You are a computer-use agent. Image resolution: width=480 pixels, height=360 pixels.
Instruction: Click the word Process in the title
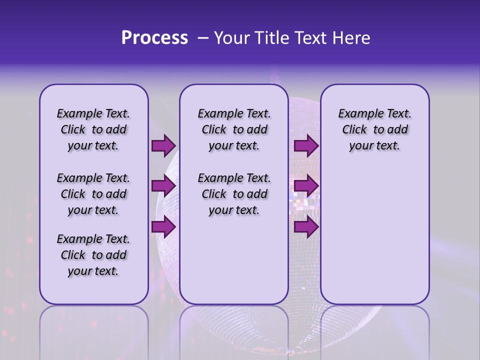coord(154,38)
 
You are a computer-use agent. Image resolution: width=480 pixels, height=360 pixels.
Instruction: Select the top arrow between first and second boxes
coord(163,146)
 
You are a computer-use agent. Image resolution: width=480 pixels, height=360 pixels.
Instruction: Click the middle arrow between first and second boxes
coord(163,186)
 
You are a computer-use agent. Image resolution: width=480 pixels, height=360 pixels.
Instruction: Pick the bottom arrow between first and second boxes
coord(163,227)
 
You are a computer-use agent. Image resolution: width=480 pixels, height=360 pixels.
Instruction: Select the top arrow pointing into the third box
coord(306,146)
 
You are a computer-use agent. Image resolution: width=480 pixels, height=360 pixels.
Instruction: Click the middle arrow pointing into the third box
coord(306,186)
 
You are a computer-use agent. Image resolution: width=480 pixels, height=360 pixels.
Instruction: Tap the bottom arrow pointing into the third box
coord(306,227)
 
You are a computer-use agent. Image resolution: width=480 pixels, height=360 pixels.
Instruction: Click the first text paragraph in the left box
coord(93,129)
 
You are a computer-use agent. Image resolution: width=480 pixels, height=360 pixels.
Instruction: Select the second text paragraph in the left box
coord(93,194)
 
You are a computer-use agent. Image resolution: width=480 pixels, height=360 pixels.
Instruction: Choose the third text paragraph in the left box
coord(93,255)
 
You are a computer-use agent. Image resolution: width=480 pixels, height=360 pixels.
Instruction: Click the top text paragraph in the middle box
coord(234,129)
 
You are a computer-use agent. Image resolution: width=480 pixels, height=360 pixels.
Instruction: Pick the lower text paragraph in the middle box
coord(234,194)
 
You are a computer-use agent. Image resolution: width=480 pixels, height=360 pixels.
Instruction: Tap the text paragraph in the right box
coord(374,129)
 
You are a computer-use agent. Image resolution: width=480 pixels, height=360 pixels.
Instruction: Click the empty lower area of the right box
coord(374,235)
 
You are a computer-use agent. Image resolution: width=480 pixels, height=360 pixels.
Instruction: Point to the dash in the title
coord(203,38)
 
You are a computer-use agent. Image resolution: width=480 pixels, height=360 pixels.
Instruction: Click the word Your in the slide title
coord(231,38)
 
